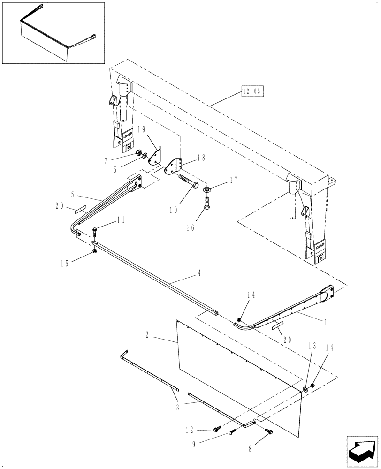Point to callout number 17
[x=233, y=180]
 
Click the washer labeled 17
[x=206, y=189]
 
